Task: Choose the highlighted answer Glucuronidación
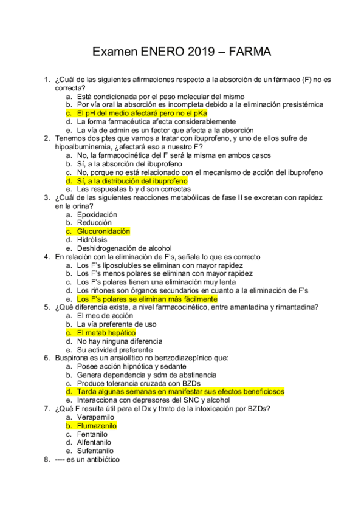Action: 103,231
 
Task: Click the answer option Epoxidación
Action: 97,214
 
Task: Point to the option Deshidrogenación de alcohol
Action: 124,248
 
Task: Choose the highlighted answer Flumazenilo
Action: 97,426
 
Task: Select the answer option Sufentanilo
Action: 97,451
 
